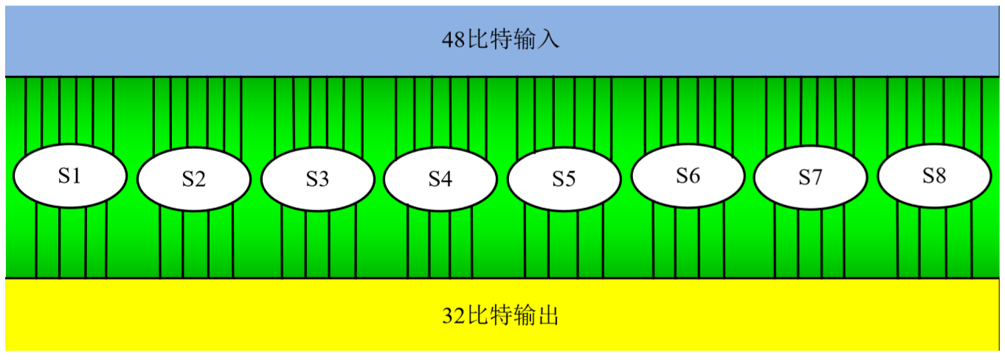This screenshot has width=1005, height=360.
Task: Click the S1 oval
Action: point(70,176)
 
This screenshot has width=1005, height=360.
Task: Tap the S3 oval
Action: point(317,179)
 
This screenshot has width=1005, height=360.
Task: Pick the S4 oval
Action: point(440,179)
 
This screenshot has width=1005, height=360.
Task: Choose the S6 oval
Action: point(688,176)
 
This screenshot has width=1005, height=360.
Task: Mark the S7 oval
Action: point(809,178)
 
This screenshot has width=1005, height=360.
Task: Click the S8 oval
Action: point(933,176)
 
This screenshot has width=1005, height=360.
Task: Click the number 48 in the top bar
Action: point(452,40)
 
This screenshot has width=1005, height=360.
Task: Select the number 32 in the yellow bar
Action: point(452,316)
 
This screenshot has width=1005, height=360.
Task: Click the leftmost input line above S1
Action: point(26,111)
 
